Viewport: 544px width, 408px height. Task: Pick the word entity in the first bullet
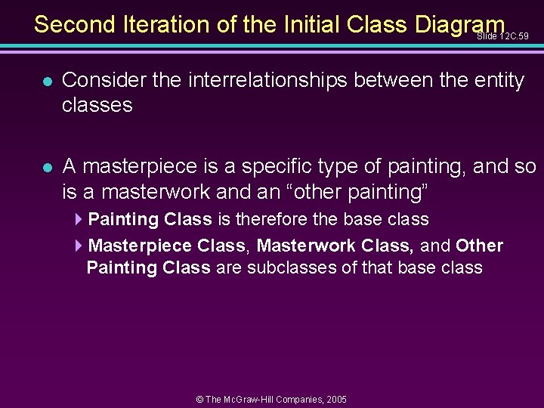point(491,81)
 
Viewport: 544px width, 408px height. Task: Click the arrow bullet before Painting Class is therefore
point(79,220)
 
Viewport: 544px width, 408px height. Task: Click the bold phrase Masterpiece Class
point(167,246)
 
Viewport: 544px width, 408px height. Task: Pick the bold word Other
point(479,246)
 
